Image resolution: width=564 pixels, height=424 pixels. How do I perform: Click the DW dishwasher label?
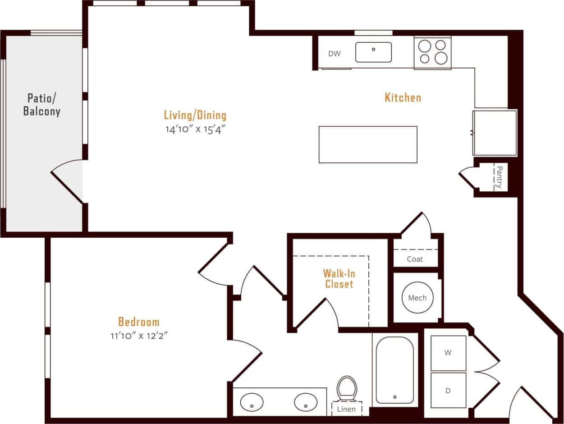point(334,54)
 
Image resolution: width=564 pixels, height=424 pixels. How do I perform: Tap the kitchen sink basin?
point(373,52)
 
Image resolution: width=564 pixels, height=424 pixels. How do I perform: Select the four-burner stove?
point(432,52)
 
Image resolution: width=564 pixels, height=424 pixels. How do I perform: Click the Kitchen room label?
point(403,97)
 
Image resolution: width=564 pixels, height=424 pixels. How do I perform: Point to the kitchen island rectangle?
point(367,144)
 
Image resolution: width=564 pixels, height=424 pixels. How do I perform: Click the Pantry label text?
point(499,176)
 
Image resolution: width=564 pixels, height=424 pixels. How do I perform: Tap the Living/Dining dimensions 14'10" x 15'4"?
point(195,129)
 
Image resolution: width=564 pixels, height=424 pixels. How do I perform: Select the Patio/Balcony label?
point(42,105)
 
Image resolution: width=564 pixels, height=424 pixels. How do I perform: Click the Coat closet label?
point(415,259)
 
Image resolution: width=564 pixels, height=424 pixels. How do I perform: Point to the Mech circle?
point(417,298)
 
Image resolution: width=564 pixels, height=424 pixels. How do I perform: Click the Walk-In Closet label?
point(338,279)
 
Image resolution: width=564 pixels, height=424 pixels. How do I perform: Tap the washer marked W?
point(448,353)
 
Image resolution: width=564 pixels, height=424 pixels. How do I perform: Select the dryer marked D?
point(448,390)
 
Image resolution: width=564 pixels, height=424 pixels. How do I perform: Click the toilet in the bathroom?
point(346,389)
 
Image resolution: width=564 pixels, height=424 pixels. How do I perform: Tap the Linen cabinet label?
point(346,409)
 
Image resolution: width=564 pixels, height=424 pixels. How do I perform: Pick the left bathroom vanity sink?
point(252,402)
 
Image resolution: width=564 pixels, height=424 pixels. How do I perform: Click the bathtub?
point(394,370)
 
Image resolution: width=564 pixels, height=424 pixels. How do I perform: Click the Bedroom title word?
point(138,322)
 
